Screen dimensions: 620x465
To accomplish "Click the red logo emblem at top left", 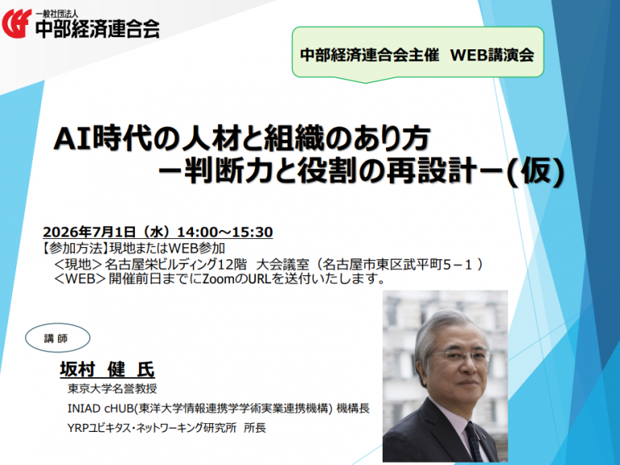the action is (x=17, y=23).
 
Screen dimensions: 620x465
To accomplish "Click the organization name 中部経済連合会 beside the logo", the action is (x=97, y=28).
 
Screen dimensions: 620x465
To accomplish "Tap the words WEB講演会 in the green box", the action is (x=492, y=55).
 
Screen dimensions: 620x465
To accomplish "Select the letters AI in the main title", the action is (x=73, y=139).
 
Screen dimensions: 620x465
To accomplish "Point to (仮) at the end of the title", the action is (x=535, y=173).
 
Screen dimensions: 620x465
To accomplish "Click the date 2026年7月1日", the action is (x=90, y=232).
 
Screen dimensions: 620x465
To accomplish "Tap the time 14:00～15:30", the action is (x=225, y=232).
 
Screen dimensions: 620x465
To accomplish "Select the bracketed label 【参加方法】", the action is (x=75, y=249).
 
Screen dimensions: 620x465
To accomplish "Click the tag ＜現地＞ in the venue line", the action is (x=78, y=264).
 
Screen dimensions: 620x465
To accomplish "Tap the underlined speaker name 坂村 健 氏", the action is (x=107, y=370).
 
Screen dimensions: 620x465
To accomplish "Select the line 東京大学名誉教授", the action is (x=112, y=388).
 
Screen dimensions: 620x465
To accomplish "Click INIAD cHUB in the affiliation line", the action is (x=101, y=408).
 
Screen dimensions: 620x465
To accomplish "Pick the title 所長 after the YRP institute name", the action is (x=255, y=427).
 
